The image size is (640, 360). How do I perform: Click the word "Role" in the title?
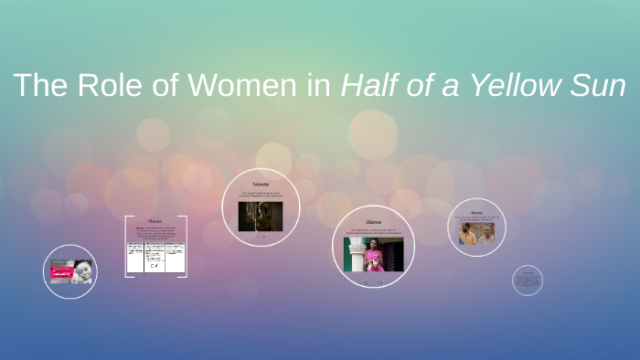(x=103, y=86)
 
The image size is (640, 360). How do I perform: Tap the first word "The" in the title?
(x=36, y=86)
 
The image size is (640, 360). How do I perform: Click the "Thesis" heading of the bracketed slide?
(x=155, y=221)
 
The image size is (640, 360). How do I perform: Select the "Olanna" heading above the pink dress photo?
(x=373, y=222)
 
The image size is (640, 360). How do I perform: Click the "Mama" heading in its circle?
(x=476, y=211)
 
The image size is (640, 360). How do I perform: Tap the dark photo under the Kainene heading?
(x=261, y=216)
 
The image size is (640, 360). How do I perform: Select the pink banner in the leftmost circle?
(x=62, y=273)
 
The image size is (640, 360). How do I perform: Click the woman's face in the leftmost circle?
(x=82, y=270)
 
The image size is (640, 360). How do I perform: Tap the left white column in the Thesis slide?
(x=134, y=258)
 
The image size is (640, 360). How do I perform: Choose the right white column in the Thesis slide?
(x=176, y=258)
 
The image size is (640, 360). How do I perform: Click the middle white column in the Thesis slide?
(x=155, y=258)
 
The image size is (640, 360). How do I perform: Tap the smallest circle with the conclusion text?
(x=528, y=281)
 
